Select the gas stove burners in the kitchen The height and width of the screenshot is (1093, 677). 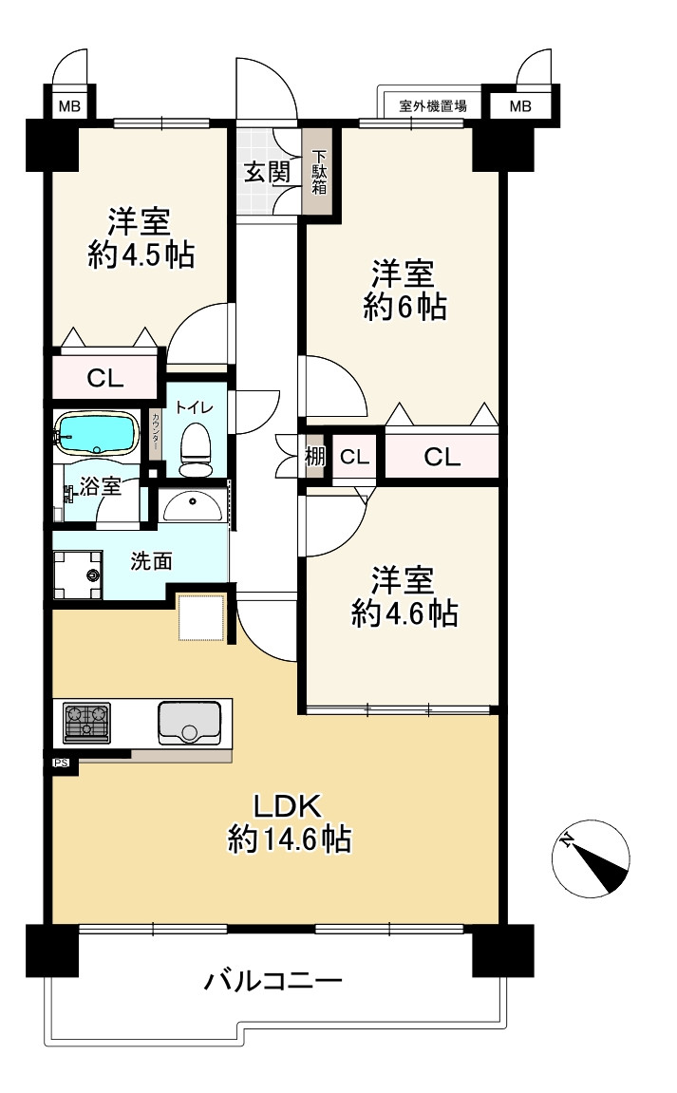pos(86,722)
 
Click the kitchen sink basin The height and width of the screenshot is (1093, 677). pos(190,723)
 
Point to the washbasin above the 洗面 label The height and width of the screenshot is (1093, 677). pos(193,506)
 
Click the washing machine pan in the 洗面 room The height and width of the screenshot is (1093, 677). pos(78,575)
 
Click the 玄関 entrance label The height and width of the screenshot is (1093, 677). pos(267,172)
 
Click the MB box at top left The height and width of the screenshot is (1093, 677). pos(69,106)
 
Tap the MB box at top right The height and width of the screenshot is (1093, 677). pos(520,106)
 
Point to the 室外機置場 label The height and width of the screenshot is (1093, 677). pos(432,106)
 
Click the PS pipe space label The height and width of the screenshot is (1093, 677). pos(62,763)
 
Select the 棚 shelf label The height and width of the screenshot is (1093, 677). pos(315,458)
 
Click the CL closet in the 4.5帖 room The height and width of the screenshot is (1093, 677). pos(105,378)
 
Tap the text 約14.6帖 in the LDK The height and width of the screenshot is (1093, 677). pos(290,839)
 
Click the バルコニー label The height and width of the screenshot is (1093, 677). pos(273,981)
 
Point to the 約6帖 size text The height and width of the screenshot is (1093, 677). pos(404,307)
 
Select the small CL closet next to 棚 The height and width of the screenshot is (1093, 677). pos(354,458)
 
